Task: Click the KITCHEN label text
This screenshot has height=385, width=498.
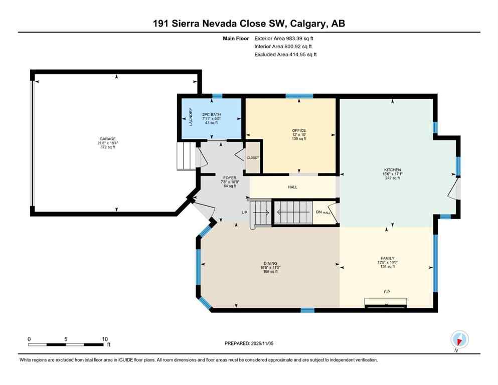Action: point(393,169)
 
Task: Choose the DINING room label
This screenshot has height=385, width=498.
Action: point(270,263)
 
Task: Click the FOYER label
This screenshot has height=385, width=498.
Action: point(223,177)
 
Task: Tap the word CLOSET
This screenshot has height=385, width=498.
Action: point(253,158)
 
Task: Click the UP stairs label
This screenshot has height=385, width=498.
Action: point(245,213)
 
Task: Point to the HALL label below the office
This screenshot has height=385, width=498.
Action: point(292,187)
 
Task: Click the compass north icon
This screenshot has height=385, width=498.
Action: point(459,339)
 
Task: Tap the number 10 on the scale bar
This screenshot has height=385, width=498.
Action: point(105,339)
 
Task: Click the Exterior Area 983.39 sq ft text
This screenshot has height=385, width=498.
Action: point(285,38)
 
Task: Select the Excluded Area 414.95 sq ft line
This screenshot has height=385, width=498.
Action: point(285,54)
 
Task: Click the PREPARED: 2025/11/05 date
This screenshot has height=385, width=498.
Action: point(249,343)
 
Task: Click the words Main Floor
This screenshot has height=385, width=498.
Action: point(236,38)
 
